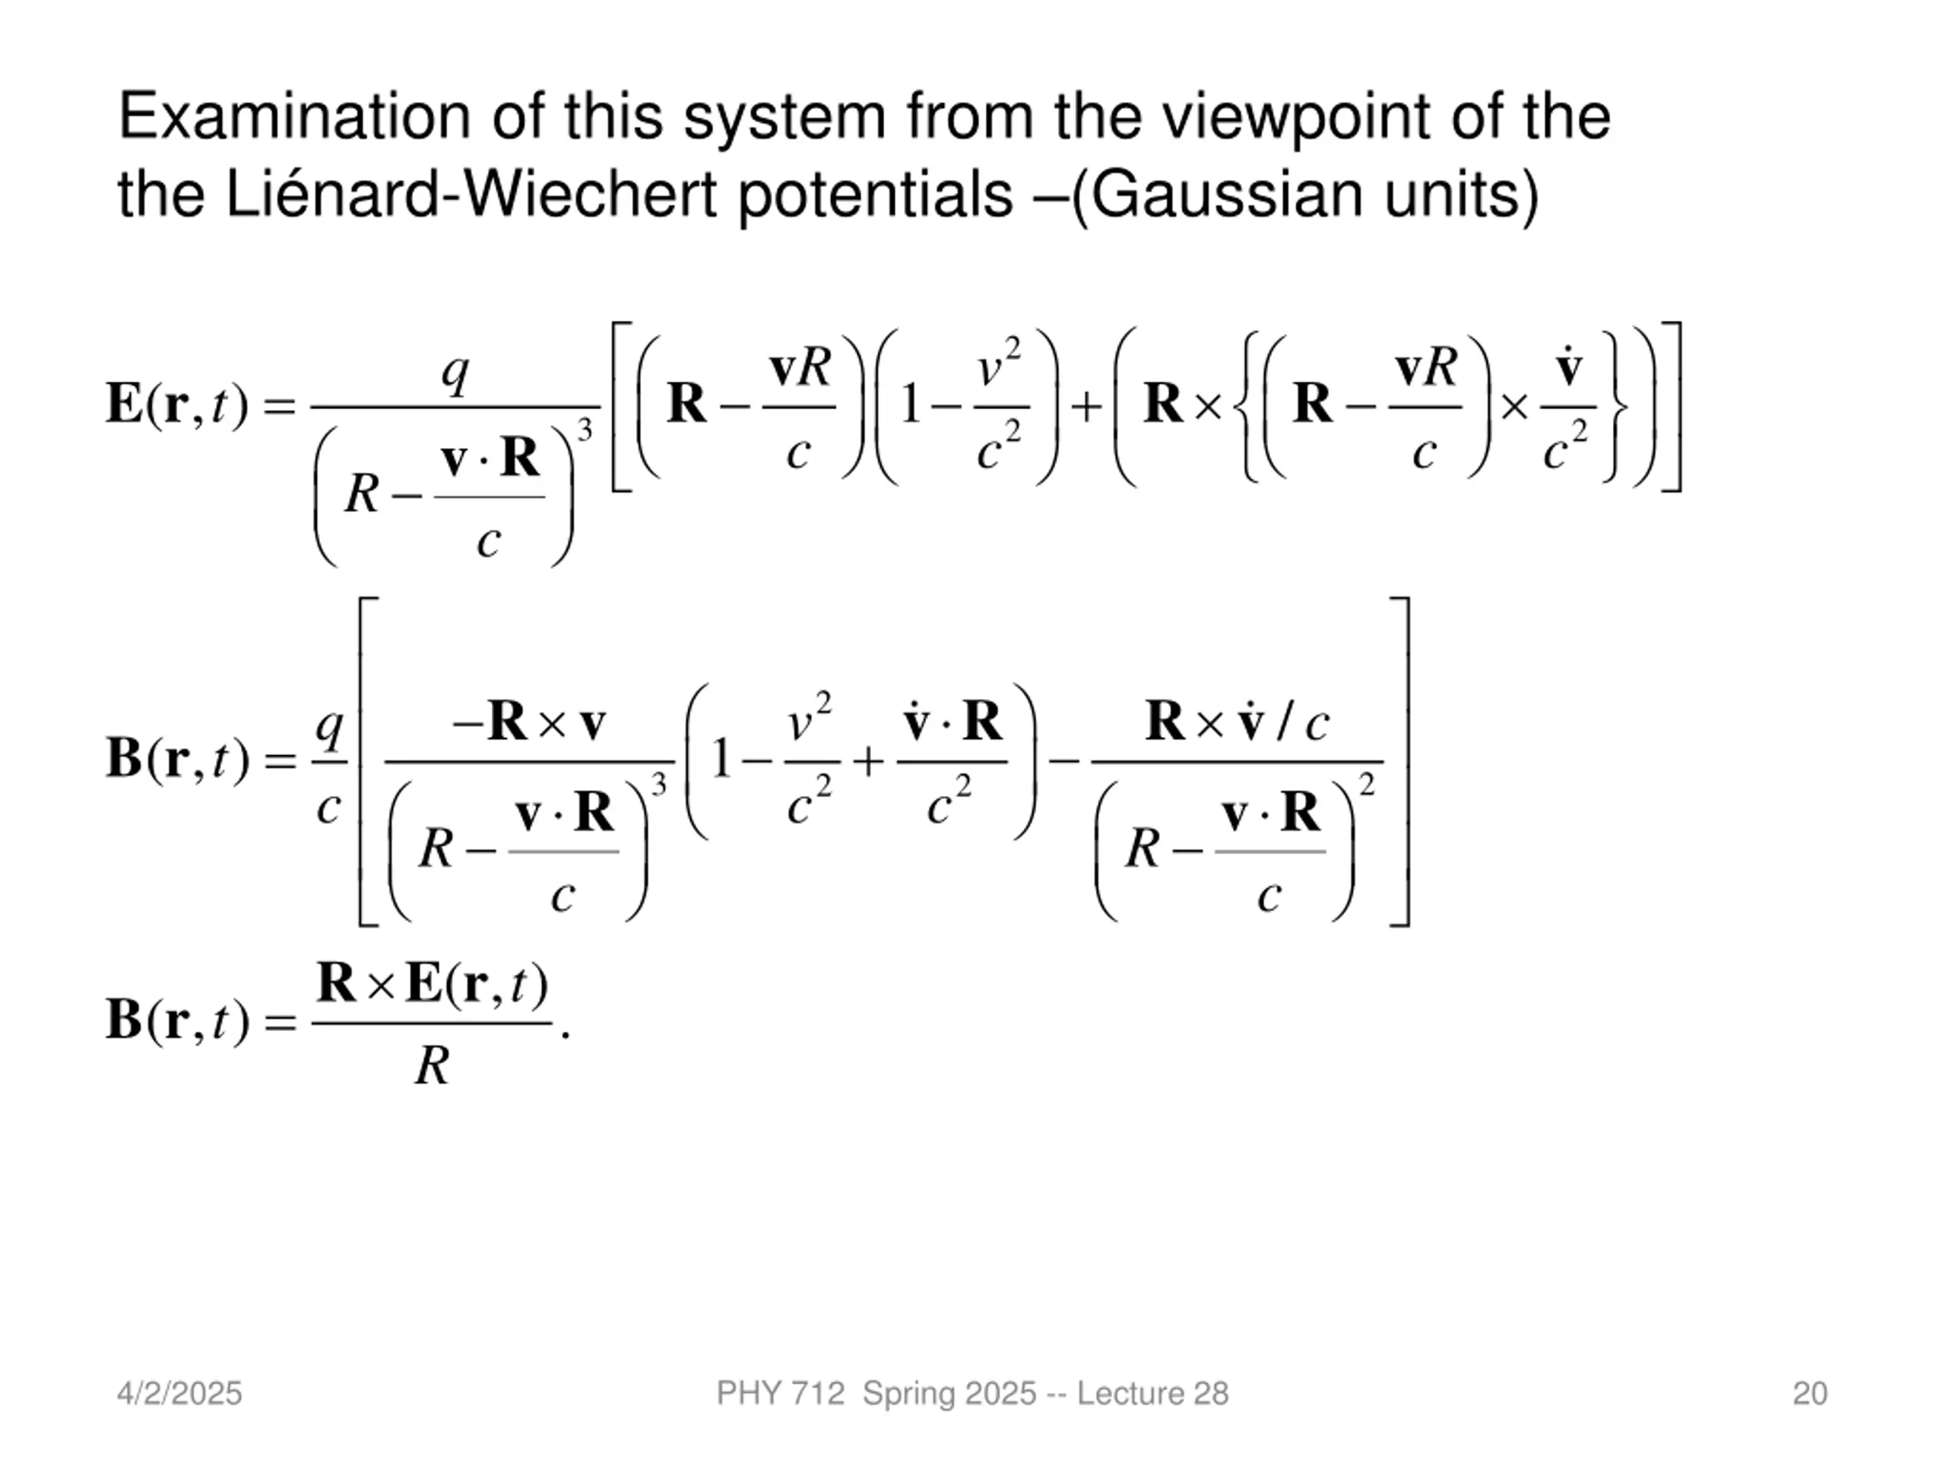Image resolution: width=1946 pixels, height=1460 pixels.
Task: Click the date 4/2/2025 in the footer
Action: [179, 1393]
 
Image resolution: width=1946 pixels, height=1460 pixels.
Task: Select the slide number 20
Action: [1810, 1393]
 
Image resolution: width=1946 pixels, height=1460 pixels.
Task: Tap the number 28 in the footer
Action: [1210, 1393]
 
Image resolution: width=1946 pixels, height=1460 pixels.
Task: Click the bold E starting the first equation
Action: [125, 404]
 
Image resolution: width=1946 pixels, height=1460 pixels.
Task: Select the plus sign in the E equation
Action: [1086, 407]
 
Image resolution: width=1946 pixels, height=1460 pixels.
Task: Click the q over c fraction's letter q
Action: [329, 727]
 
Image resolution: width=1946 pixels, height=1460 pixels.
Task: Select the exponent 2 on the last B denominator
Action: [1366, 783]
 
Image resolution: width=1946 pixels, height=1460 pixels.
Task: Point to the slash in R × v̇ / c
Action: [1286, 724]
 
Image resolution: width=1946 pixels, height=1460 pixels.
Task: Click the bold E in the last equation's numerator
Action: [424, 984]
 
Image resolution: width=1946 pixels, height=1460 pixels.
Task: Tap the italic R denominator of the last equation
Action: [432, 1067]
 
